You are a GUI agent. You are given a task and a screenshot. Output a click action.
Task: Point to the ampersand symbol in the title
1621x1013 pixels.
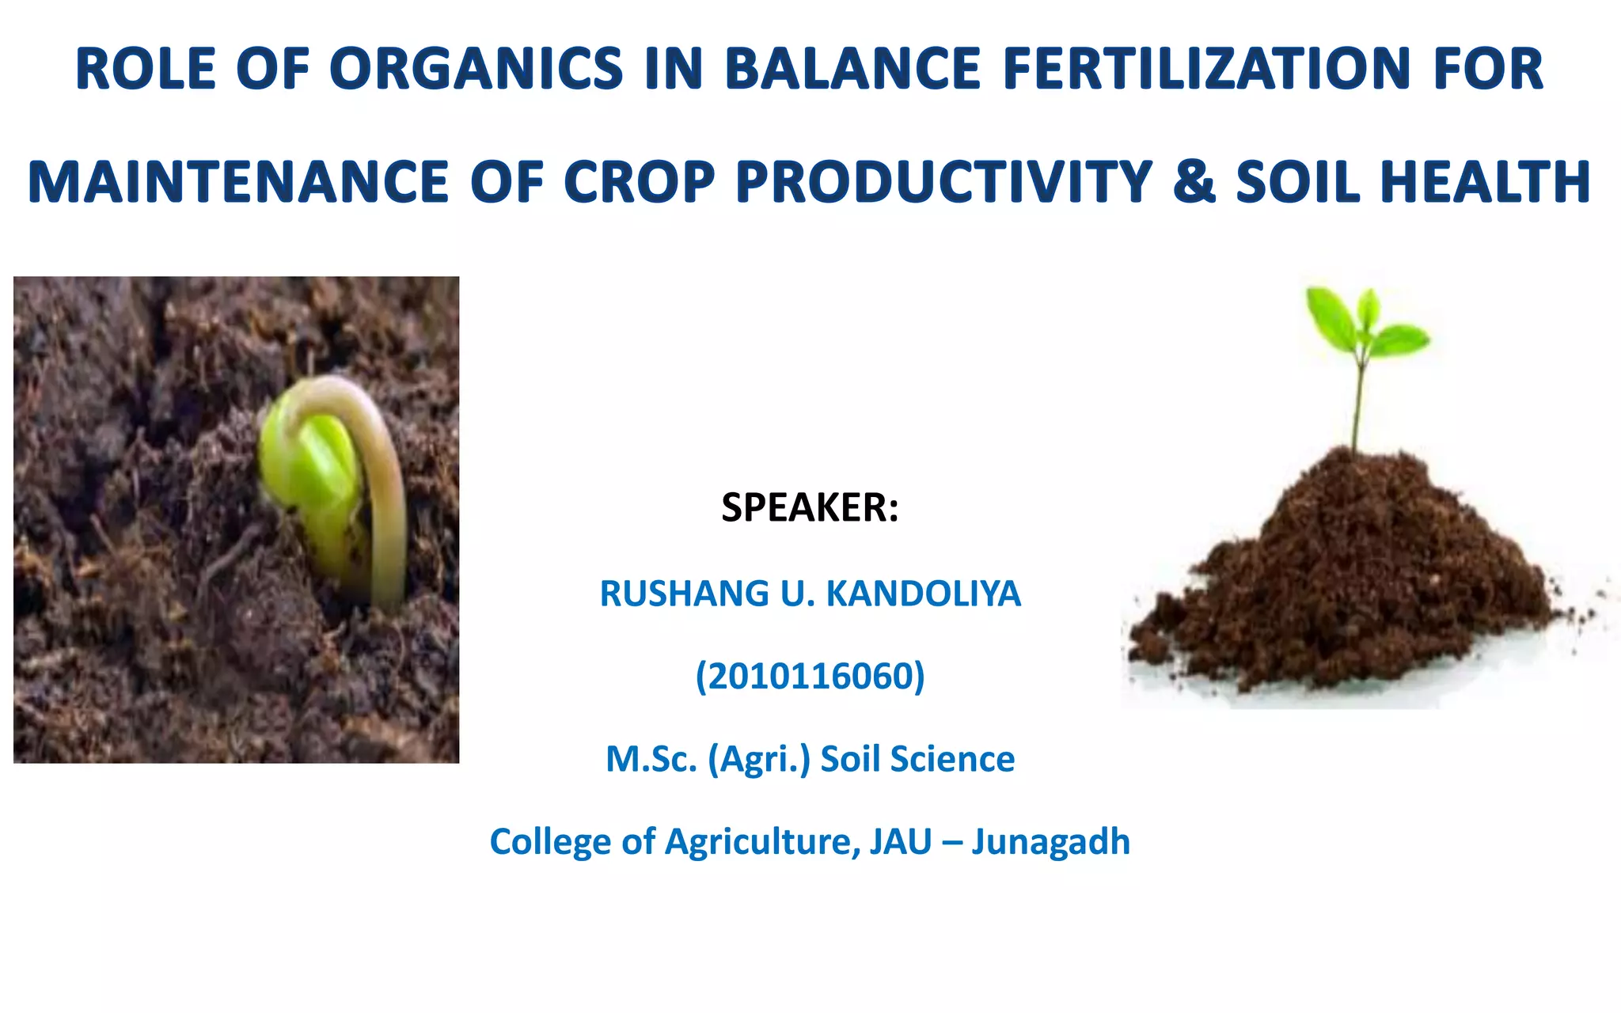coord(1194,183)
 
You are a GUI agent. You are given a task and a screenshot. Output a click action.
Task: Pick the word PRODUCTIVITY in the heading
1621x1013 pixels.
coord(943,183)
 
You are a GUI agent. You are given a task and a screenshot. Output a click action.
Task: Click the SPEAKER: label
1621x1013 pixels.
coord(810,508)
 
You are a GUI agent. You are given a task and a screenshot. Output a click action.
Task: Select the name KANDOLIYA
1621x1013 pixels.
coord(923,594)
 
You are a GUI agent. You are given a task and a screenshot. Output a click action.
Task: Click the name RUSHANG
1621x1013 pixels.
coord(685,594)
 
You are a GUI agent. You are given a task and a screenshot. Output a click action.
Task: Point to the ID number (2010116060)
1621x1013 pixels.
coord(810,677)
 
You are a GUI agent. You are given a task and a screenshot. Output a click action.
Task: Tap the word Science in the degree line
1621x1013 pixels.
coord(952,759)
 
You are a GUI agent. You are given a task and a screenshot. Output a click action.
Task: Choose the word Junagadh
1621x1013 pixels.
coord(1050,841)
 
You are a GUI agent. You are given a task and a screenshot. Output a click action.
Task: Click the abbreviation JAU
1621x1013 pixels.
coord(901,841)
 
